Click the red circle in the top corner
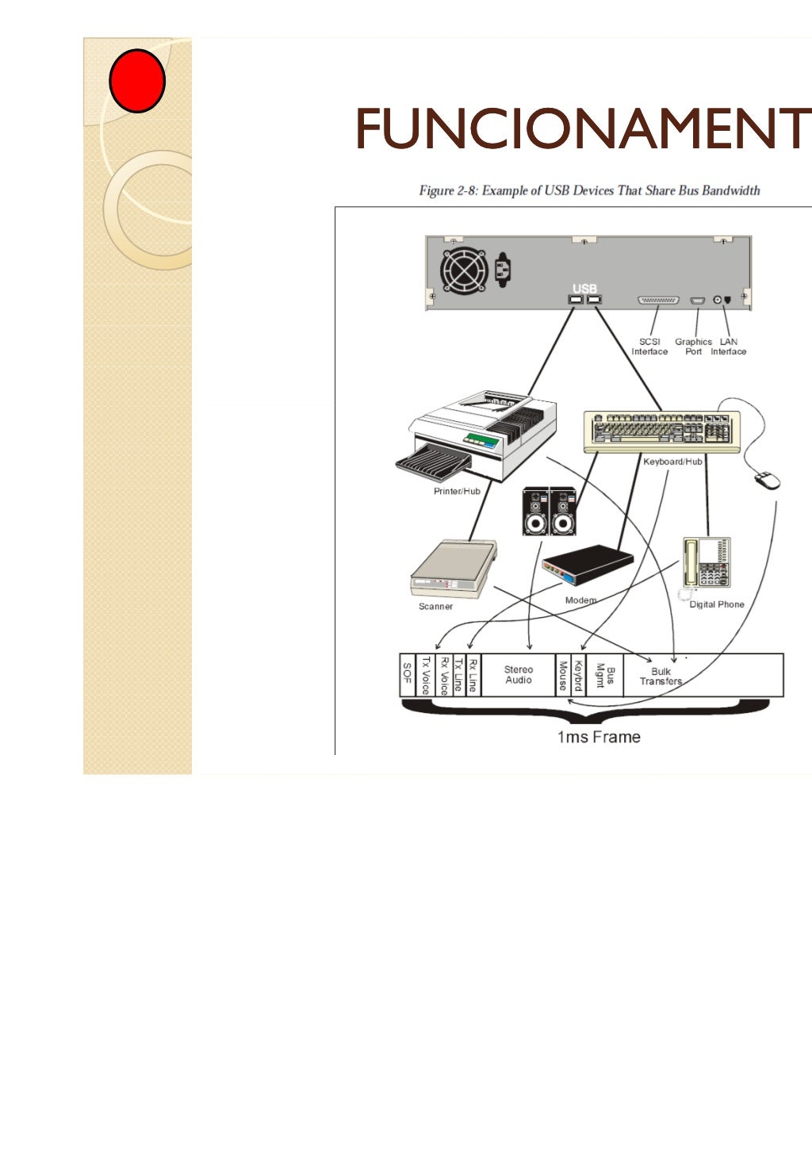pyautogui.click(x=136, y=81)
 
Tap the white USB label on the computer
pyautogui.click(x=584, y=289)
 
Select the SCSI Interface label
pyautogui.click(x=649, y=347)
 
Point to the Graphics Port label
pyautogui.click(x=693, y=347)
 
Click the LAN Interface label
pyautogui.click(x=729, y=347)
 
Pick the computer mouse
pyautogui.click(x=767, y=480)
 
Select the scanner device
pyautogui.click(x=453, y=569)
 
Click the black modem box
pyautogui.click(x=588, y=565)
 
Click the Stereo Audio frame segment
pyautogui.click(x=519, y=675)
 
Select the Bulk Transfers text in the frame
pyautogui.click(x=661, y=676)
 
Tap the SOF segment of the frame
pyautogui.click(x=408, y=675)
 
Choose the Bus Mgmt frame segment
pyautogui.click(x=605, y=675)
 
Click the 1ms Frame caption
pyautogui.click(x=598, y=737)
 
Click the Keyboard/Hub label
pyautogui.click(x=672, y=462)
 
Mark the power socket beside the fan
pyautogui.click(x=502, y=269)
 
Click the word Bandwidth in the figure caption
pyautogui.click(x=730, y=190)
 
